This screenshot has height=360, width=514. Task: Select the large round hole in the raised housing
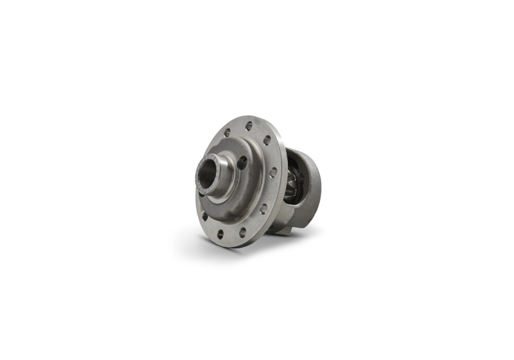(x=242, y=163)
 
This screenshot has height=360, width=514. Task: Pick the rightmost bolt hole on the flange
(x=274, y=172)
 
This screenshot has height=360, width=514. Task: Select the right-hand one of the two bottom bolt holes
(x=242, y=232)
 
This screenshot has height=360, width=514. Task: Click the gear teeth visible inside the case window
(x=290, y=186)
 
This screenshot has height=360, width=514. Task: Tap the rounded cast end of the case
(x=313, y=183)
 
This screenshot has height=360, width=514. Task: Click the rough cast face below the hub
(x=231, y=207)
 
